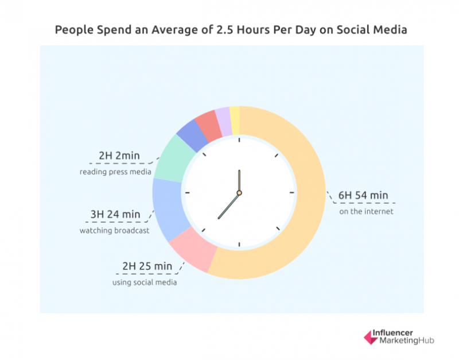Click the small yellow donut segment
point(235,114)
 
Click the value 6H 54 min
point(363,195)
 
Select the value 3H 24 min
point(115,215)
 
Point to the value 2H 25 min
point(147,266)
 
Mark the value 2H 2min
point(119,156)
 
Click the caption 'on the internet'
point(366,212)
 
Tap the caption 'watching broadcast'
point(114,231)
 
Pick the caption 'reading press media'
point(115,172)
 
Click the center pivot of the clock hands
point(239,192)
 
